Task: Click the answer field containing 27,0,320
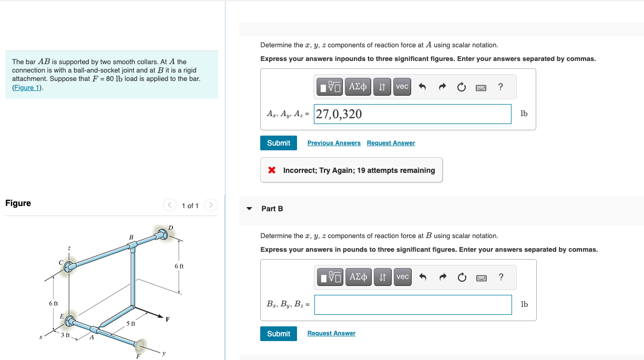pos(412,114)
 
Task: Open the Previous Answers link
pos(334,143)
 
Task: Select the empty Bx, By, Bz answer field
pos(412,304)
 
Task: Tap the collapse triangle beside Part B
pos(249,209)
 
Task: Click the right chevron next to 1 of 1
pos(210,205)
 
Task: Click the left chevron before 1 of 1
pos(169,205)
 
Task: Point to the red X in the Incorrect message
pos(272,170)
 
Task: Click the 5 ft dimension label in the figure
pos(131,324)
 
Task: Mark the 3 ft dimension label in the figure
pos(65,335)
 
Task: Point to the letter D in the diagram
pos(170,227)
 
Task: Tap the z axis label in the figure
pos(68,248)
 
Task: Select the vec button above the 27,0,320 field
pos(402,87)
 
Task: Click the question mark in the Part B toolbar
pos(500,277)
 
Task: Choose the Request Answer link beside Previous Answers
pos(391,143)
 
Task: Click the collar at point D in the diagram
pos(162,234)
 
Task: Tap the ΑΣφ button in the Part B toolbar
pos(358,277)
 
